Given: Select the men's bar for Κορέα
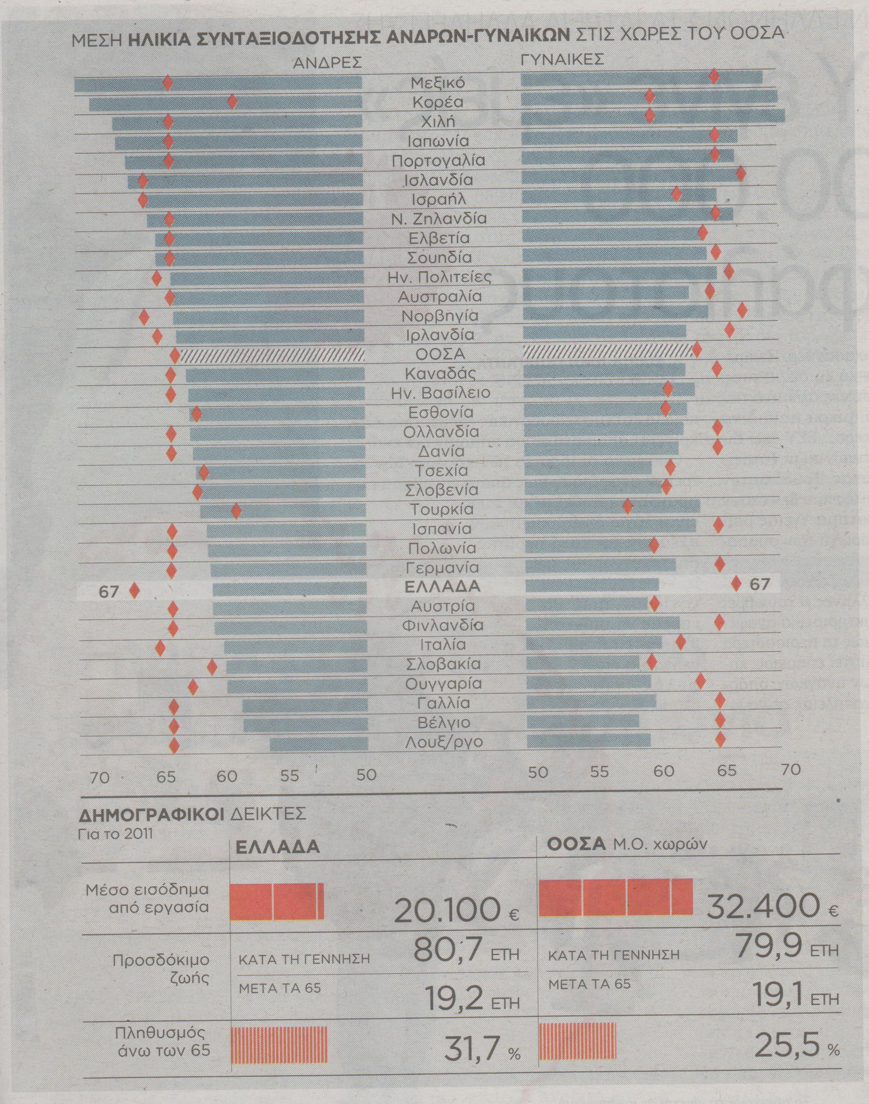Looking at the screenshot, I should tap(226, 103).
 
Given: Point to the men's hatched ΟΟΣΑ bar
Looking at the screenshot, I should tap(272, 355).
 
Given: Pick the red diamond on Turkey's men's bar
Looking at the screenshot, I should tap(235, 510).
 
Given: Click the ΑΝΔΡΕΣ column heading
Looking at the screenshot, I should tap(327, 63).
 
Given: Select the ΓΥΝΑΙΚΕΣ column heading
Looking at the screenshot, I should tap(562, 60).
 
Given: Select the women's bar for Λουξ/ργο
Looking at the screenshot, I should tap(589, 740).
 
